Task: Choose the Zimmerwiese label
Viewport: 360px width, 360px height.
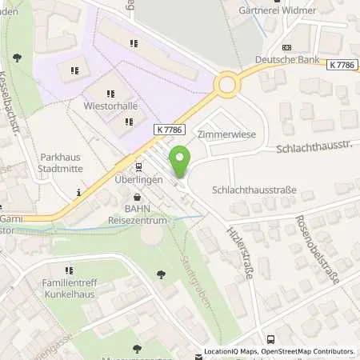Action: pos(226,135)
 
